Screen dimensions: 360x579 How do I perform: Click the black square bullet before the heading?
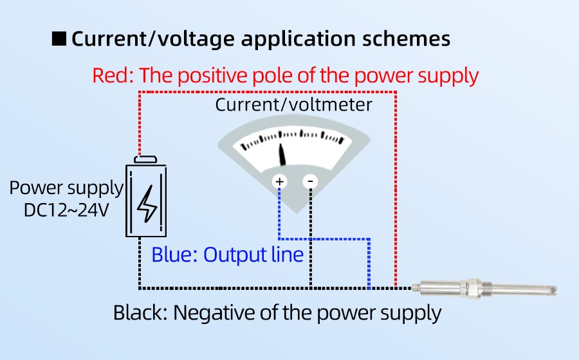(59, 39)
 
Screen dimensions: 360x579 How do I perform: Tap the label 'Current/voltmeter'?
(293, 105)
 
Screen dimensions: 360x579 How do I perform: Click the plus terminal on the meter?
(280, 182)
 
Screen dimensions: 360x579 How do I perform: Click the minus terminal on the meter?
(310, 182)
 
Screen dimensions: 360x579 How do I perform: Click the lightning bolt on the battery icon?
(147, 204)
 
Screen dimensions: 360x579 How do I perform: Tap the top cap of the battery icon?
(147, 159)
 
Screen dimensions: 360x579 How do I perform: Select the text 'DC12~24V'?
(66, 210)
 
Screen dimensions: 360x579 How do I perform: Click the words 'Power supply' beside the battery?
(66, 188)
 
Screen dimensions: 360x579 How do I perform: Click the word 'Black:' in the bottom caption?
(140, 313)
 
